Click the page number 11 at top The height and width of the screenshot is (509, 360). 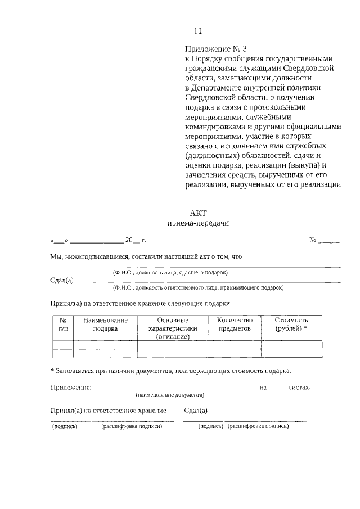click(197, 31)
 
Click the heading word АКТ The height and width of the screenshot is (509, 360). click(199, 212)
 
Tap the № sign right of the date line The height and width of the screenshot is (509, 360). click(314, 241)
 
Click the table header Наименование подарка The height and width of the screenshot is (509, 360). click(105, 325)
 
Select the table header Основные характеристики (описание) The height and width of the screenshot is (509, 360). click(173, 328)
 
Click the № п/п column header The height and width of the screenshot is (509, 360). click(63, 325)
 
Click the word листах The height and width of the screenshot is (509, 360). click(298, 387)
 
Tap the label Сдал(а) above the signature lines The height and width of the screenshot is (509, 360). click(196, 411)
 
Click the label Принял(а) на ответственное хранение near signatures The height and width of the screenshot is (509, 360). click(109, 411)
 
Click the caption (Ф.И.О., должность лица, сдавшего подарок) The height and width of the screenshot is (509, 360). click(170, 272)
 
